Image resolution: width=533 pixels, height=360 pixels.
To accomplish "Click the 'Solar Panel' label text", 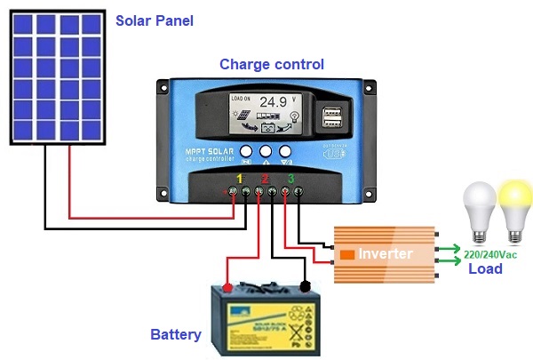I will coord(155,20).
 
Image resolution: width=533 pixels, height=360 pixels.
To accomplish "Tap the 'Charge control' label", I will coord(272,64).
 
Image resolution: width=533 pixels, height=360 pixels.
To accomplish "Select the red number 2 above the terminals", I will coord(264,180).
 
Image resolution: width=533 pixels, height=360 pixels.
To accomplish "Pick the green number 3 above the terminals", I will coord(291,180).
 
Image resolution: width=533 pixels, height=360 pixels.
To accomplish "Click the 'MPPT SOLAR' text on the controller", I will coord(211,153).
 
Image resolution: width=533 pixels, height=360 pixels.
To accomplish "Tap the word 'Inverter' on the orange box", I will coord(386,254).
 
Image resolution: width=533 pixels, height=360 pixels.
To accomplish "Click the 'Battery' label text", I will coord(175,335).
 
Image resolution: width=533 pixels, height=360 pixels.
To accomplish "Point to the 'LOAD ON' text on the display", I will coord(243,98).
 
